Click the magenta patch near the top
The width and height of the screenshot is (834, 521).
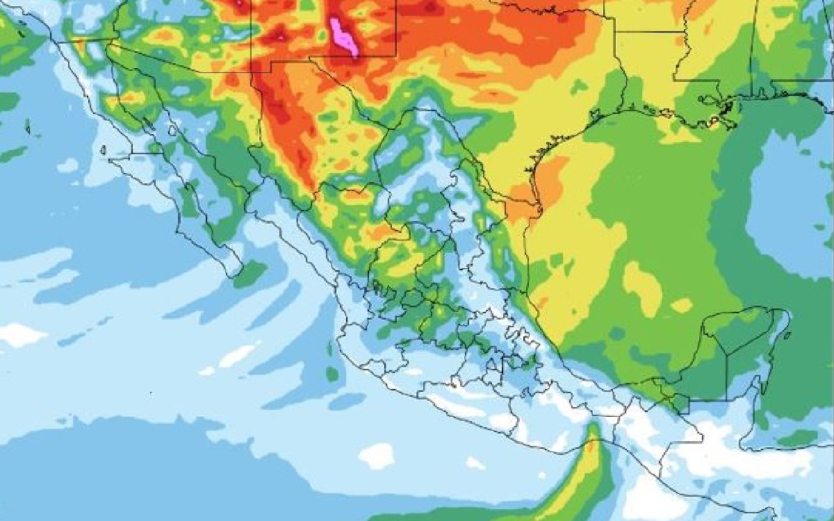343,37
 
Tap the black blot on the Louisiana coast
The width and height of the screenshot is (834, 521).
727,107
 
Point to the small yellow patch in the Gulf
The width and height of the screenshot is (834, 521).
681,305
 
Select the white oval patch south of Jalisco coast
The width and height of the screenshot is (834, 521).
377,456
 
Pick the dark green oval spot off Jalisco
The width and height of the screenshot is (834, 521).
332,374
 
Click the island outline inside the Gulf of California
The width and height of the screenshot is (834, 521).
172,130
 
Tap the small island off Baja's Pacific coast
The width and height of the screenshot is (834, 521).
103,150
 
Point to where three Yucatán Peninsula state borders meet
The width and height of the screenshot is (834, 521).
727,354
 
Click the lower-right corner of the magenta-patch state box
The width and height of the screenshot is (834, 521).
395,56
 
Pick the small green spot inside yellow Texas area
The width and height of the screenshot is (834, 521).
578,87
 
